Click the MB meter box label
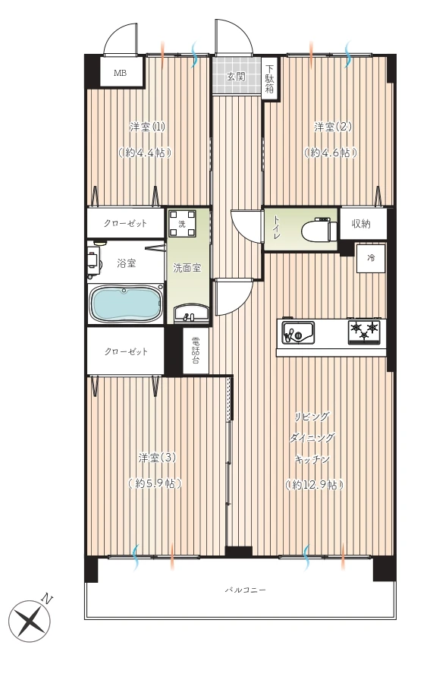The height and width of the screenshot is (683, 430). (120, 73)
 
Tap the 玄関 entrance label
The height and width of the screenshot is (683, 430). (236, 77)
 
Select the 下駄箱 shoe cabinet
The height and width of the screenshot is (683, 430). (270, 79)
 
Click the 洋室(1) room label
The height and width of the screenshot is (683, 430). (148, 127)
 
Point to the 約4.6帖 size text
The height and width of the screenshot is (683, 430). (331, 153)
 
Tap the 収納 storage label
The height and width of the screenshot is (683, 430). (361, 224)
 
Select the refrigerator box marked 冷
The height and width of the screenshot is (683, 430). (371, 258)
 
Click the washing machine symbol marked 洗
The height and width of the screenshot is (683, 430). (182, 223)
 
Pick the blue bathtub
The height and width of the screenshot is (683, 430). (126, 304)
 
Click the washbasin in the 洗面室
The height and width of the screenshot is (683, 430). (190, 313)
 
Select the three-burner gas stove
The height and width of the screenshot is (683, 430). (366, 332)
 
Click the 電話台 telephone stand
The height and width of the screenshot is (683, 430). (196, 350)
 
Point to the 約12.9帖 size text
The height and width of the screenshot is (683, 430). (314, 484)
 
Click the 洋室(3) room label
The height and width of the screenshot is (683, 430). (157, 458)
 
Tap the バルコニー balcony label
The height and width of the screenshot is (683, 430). (245, 590)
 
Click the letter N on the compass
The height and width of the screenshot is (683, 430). (47, 600)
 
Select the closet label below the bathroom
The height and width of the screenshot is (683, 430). (126, 351)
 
